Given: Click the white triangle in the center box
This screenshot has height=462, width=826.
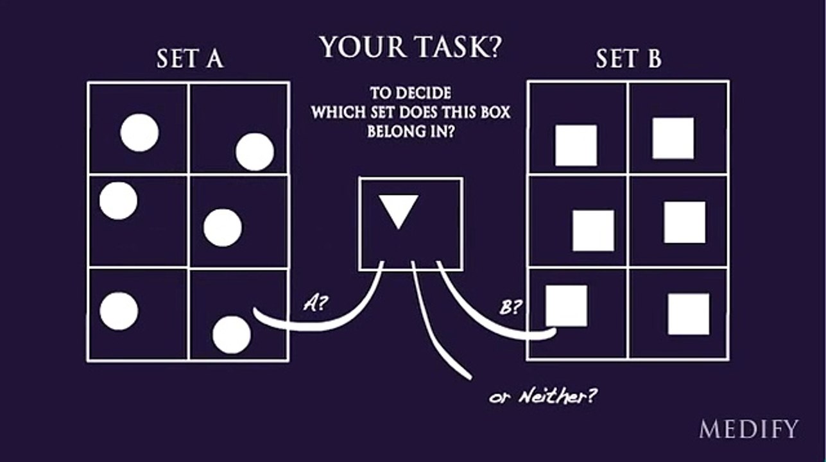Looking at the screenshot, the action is tap(399, 211).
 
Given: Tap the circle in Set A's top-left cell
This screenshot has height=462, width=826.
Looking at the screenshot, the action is tap(139, 132).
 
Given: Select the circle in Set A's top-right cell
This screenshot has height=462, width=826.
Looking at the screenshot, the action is tap(255, 151).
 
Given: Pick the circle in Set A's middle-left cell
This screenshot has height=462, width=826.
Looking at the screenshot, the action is tap(118, 201).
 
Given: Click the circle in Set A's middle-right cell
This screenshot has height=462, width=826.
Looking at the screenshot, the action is tap(223, 228).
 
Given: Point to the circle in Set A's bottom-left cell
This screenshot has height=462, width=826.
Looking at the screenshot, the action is tap(119, 311).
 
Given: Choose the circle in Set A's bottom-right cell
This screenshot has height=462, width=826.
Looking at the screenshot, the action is tap(232, 335).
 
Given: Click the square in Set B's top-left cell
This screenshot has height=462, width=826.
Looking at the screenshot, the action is tap(576, 145).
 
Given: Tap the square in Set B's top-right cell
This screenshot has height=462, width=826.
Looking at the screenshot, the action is tap(673, 138).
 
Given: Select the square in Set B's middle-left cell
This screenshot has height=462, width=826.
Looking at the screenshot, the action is tap(593, 230).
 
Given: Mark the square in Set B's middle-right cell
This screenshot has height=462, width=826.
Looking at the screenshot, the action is tap(685, 222).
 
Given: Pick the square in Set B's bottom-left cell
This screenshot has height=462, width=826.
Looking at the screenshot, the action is tap(567, 305).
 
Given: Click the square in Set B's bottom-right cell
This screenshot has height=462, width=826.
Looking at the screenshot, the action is tap(689, 314).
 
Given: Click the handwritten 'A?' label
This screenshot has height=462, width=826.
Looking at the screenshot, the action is tap(315, 304).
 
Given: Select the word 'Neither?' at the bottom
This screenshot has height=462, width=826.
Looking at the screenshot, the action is tap(558, 397).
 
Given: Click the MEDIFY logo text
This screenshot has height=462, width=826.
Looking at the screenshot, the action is tap(748, 429).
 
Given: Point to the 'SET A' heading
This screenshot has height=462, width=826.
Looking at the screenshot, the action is tap(190, 58).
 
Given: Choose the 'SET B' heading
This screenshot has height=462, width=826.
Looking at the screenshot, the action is tap(629, 58).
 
